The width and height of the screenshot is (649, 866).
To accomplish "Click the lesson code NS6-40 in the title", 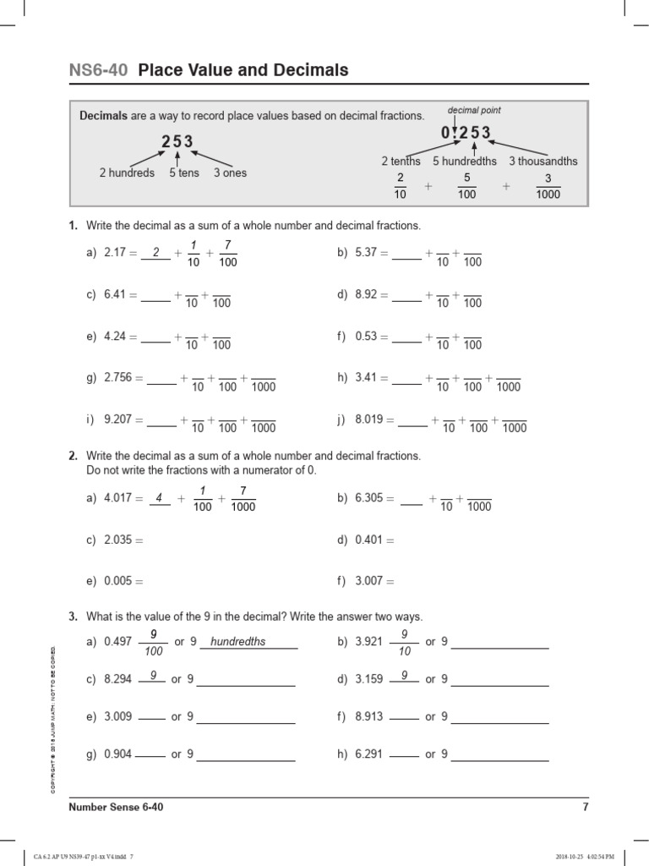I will (x=98, y=70).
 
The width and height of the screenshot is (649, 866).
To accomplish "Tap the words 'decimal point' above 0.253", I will (x=474, y=110).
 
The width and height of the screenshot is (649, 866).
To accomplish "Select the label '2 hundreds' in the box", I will (x=127, y=173).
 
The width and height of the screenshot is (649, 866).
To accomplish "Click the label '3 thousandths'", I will (x=543, y=161).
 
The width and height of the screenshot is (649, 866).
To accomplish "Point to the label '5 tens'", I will (x=183, y=173).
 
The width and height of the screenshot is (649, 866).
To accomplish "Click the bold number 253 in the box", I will (x=177, y=141).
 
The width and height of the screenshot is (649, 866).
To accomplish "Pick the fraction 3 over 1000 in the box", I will (x=548, y=186).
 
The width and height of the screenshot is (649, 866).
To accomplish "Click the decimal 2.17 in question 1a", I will (x=114, y=252).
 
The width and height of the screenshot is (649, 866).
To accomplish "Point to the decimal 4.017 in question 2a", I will (x=118, y=498).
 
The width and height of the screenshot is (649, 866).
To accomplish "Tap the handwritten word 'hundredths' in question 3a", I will (x=237, y=641).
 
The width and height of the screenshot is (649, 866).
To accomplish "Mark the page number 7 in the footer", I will (x=585, y=807).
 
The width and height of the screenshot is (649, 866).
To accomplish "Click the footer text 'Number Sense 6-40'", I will (x=116, y=807).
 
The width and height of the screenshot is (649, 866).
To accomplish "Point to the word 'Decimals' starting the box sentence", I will (x=103, y=116).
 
